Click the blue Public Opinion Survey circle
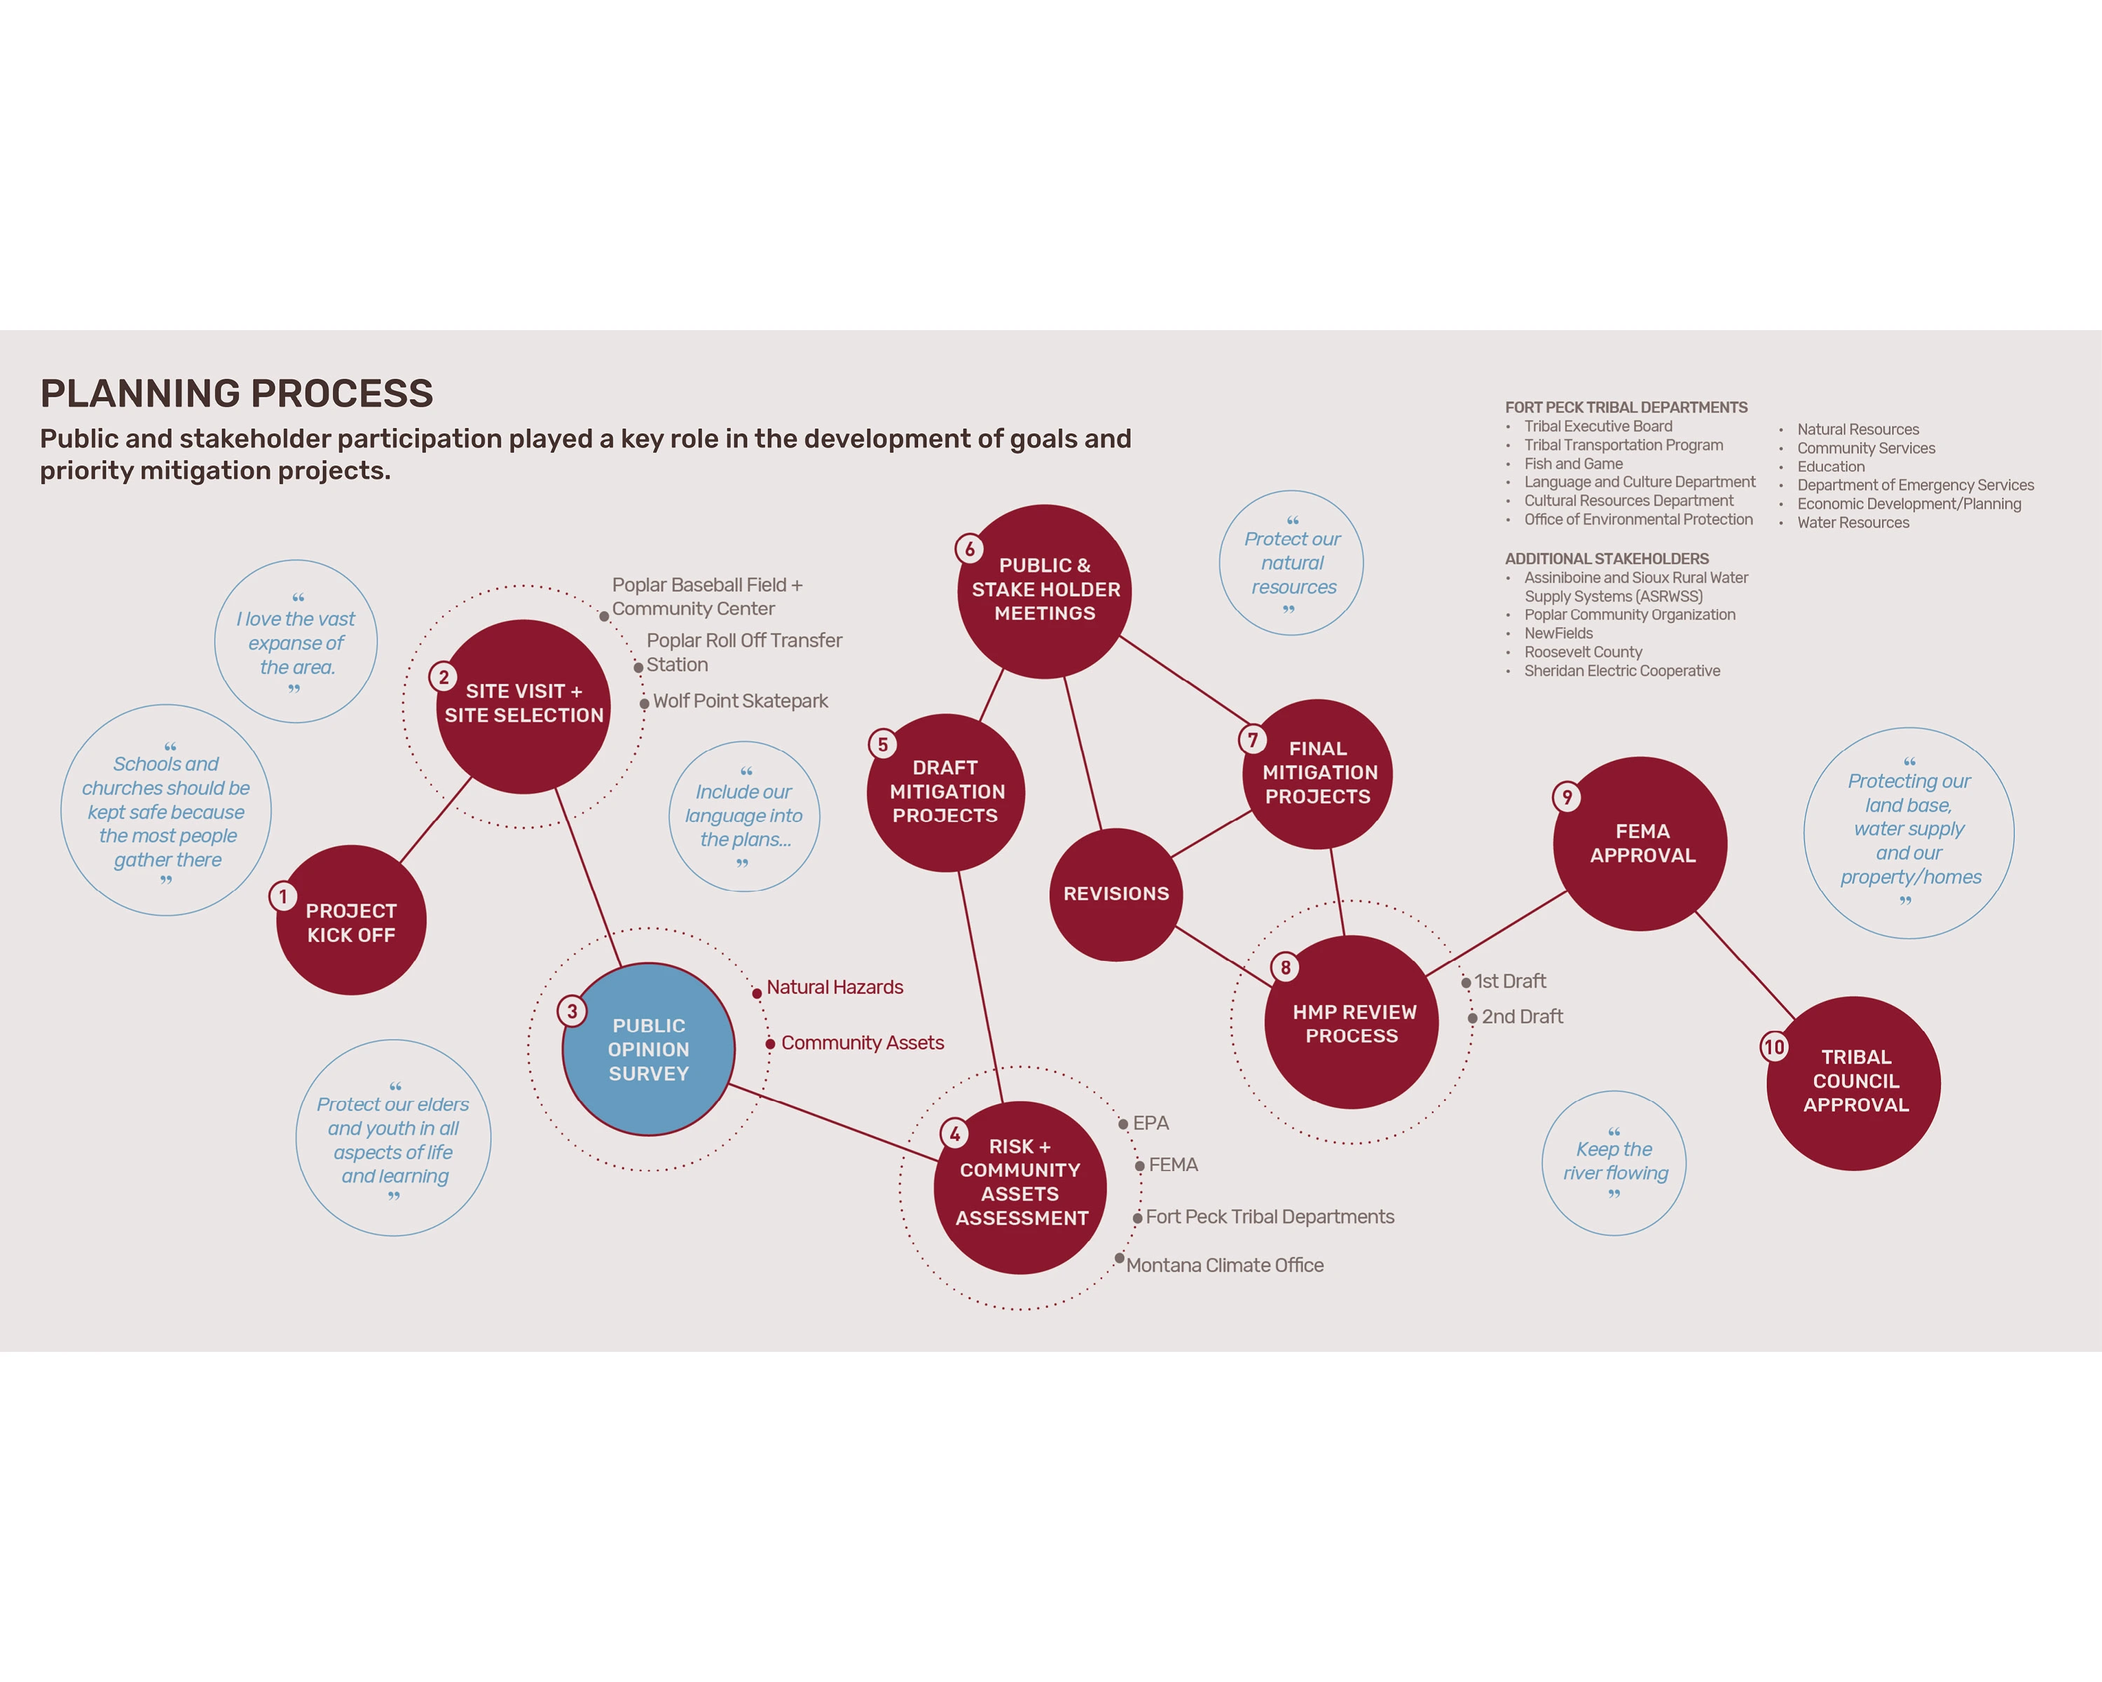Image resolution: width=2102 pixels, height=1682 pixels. (x=648, y=1049)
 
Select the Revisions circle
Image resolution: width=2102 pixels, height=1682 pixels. (x=1115, y=894)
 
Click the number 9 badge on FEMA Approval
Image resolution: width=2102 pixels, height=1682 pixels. (x=1567, y=797)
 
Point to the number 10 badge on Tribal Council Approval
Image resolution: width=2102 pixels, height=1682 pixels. (x=1773, y=1047)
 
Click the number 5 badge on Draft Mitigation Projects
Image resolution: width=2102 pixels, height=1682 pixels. (x=882, y=744)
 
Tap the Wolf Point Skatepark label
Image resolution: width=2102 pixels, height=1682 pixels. (x=740, y=701)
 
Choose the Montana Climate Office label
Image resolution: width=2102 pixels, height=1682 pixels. (x=1225, y=1265)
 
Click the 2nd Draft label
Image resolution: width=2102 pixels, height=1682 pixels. (x=1522, y=1016)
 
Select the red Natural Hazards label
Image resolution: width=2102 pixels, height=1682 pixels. (x=834, y=987)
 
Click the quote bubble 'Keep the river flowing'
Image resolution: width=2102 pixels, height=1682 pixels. (x=1614, y=1162)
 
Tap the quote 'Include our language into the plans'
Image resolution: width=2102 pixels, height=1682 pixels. (x=744, y=816)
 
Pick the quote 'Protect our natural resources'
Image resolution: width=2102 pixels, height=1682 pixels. (x=1292, y=563)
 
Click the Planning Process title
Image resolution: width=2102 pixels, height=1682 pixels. (x=237, y=393)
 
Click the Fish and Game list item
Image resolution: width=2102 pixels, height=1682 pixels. (x=1574, y=464)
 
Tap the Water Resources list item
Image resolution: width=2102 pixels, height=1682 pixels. (x=1853, y=523)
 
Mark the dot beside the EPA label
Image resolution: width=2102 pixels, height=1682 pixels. (x=1124, y=1124)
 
